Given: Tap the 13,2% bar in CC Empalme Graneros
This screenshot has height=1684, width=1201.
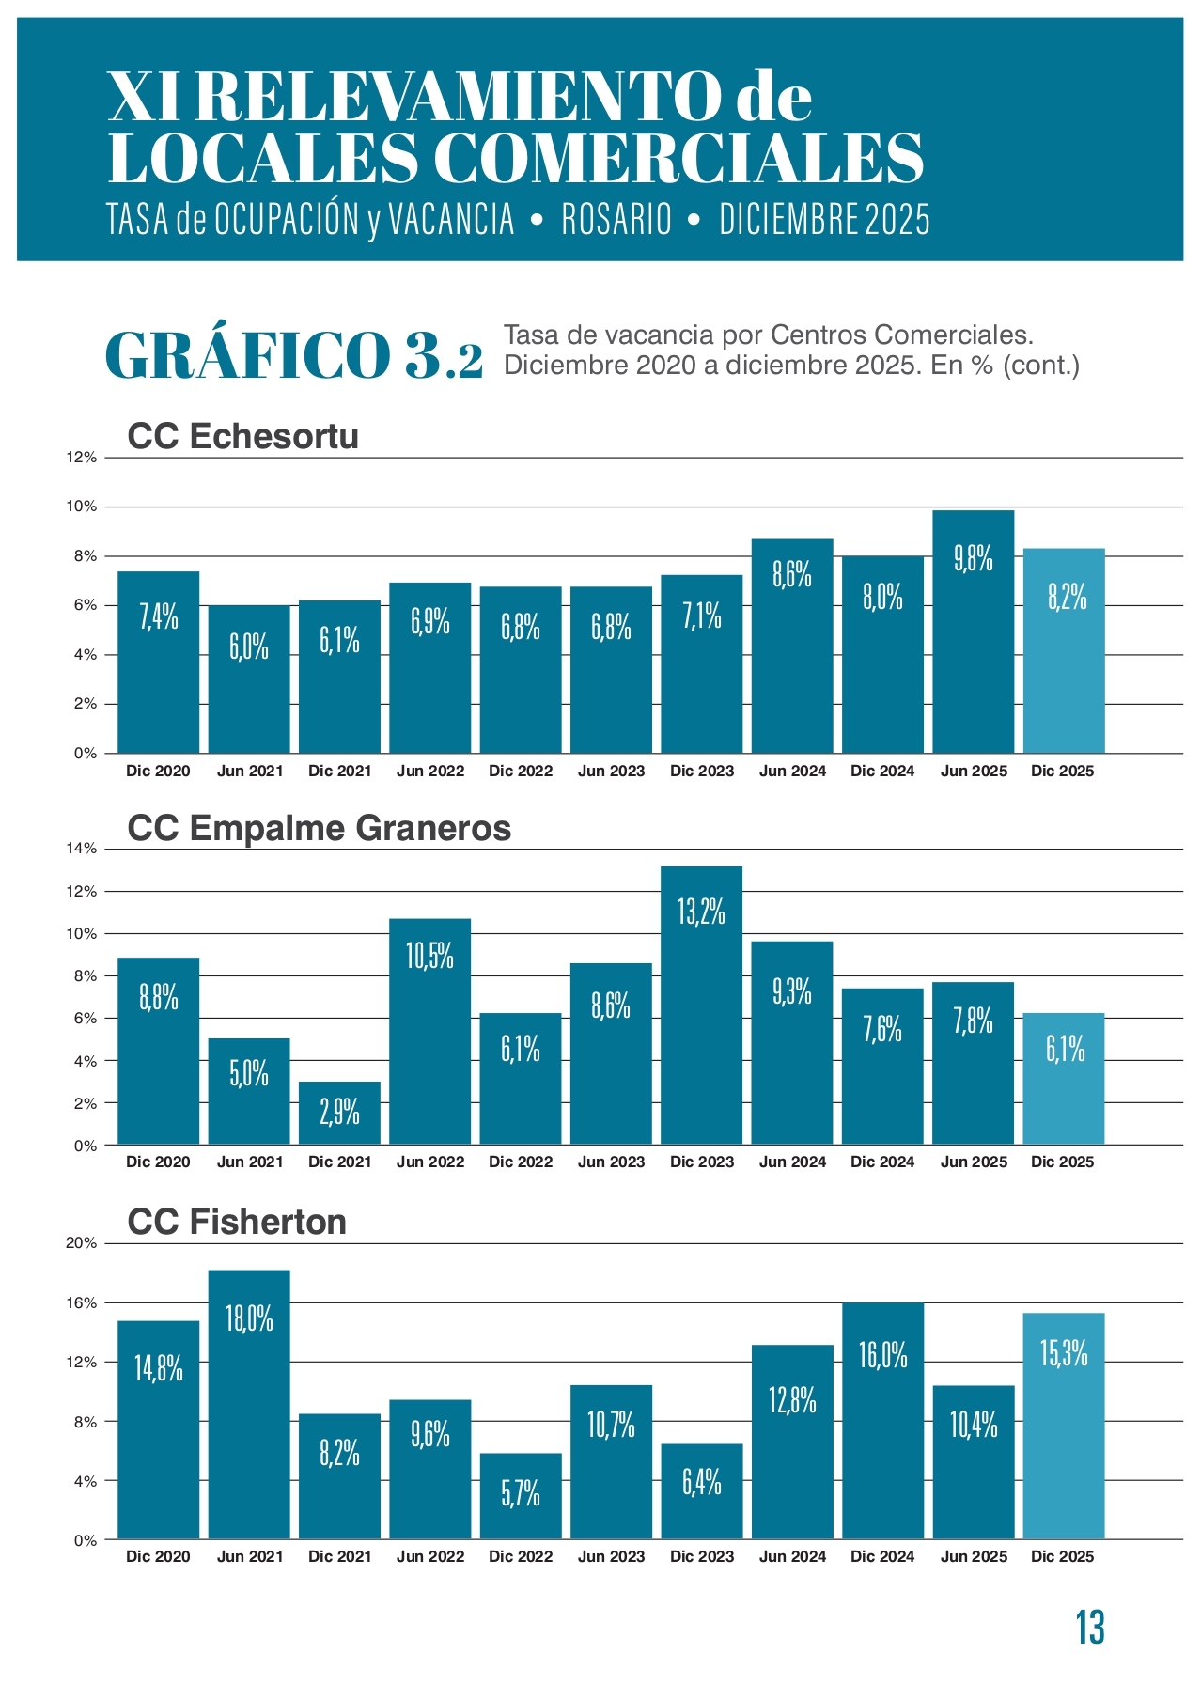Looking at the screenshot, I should click(x=701, y=1006).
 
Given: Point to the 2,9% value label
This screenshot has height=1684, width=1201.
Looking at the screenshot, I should click(x=339, y=1113).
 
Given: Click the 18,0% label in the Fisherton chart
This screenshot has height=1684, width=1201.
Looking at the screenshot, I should click(x=249, y=1319).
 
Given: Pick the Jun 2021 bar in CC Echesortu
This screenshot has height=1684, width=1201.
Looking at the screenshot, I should click(x=249, y=678).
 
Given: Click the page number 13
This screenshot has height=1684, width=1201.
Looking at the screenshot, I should click(x=1090, y=1628).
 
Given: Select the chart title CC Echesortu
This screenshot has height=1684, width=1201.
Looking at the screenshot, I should click(x=242, y=437).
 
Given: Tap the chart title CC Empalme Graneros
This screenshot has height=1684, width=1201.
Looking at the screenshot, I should click(x=319, y=828).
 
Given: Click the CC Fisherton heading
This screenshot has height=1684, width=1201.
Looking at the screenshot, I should click(x=237, y=1222).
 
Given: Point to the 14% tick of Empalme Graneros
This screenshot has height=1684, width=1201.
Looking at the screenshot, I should click(x=82, y=849).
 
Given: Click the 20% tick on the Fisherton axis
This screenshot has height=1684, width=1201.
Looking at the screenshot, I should click(x=82, y=1243).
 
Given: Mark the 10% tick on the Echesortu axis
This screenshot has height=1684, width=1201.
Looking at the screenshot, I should click(x=82, y=507).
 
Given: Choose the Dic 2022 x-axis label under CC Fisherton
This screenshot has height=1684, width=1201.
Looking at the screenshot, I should click(x=521, y=1556).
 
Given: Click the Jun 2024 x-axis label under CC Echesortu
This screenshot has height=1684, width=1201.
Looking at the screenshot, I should click(x=792, y=771).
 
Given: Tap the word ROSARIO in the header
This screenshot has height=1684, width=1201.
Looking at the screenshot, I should click(x=616, y=220).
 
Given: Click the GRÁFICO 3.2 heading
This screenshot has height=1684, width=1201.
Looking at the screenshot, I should click(x=294, y=355).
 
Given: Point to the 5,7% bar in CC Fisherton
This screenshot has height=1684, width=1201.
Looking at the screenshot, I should click(x=521, y=1496).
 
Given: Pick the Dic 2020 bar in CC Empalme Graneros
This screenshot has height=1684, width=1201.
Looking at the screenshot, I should click(x=158, y=1051).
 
